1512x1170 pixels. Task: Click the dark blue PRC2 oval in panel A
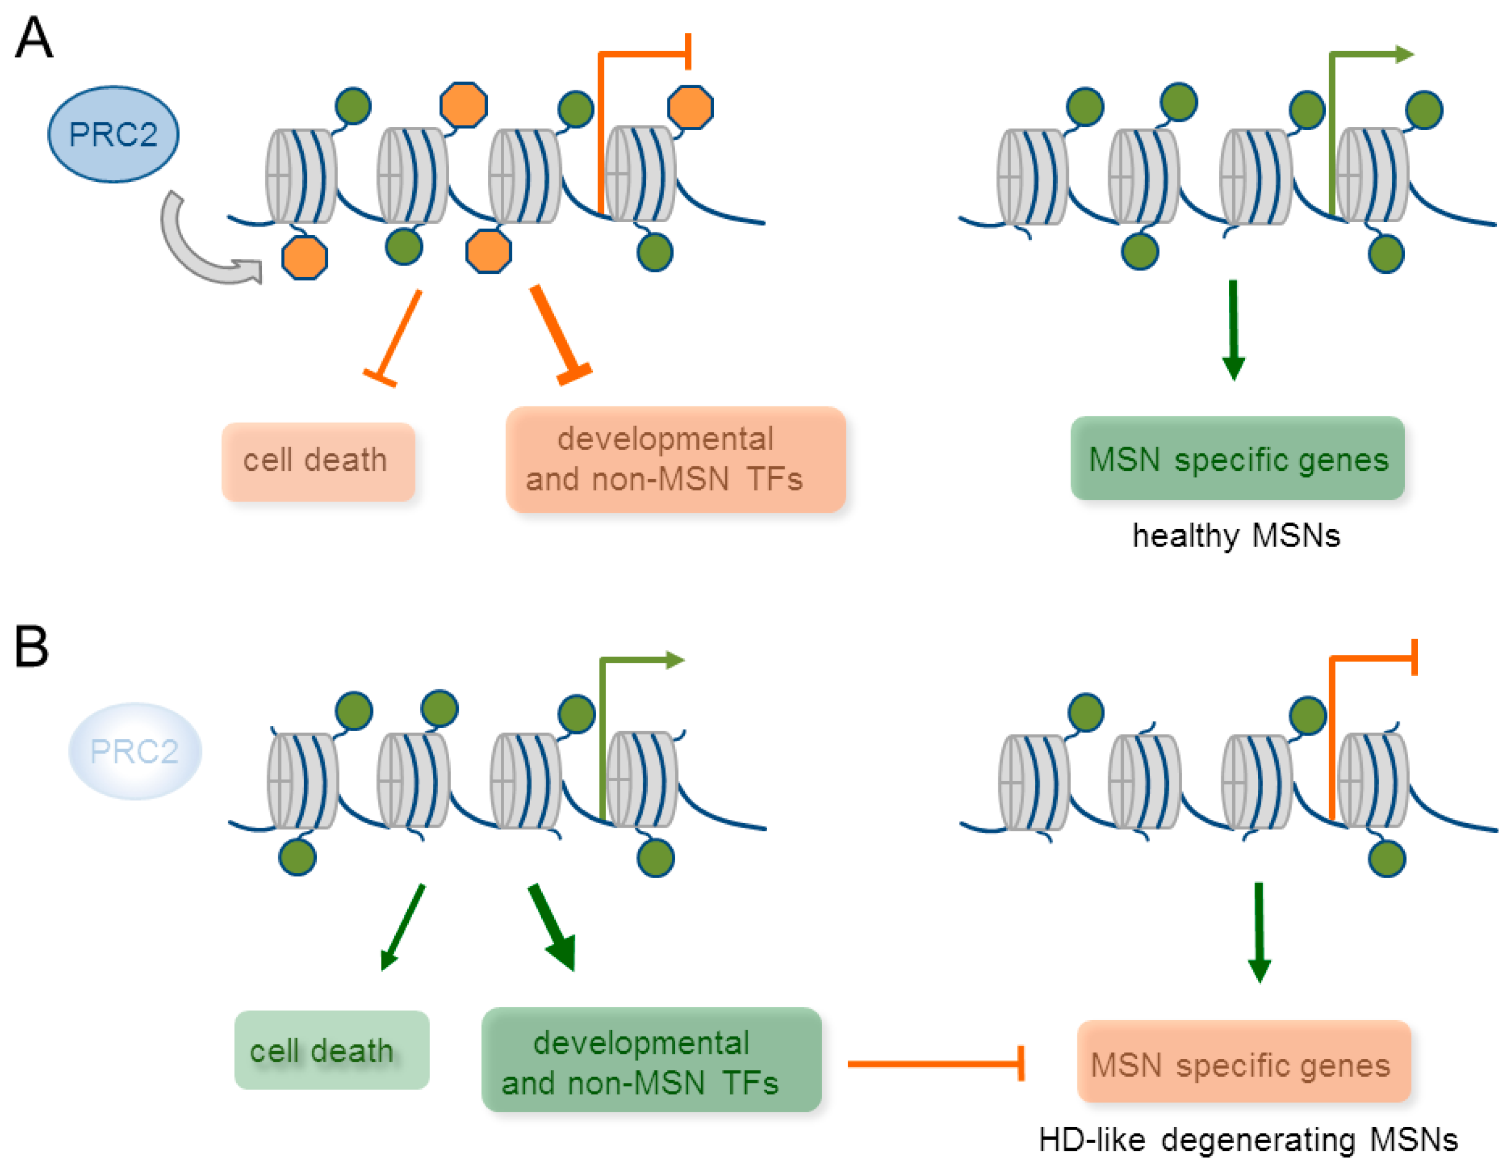pos(113,134)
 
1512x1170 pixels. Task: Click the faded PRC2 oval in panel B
pos(135,751)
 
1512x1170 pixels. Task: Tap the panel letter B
pos(31,646)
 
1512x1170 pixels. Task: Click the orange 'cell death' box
pos(318,461)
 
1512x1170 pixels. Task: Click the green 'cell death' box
pos(331,1049)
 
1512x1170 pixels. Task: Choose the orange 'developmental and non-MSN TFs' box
pos(675,459)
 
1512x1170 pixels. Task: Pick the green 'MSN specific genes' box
pos(1237,458)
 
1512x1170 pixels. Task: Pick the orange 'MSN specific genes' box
pos(1243,1061)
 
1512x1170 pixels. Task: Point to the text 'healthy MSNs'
pos(1236,535)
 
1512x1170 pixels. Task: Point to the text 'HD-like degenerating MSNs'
pos(1247,1140)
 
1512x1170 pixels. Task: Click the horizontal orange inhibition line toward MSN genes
pos(934,1063)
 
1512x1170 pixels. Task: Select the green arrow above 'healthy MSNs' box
pos(1233,329)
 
